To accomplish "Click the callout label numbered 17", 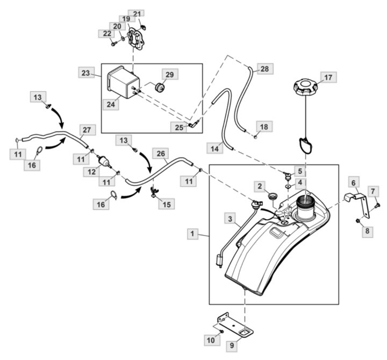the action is pos(328,77).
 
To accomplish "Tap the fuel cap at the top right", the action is pos(305,88).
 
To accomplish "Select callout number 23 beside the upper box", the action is pos(86,73).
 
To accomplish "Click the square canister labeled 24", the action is pos(124,82).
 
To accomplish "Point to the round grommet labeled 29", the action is pos(160,88).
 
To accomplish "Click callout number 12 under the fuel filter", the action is pos(91,171).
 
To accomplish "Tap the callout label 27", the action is pos(87,130).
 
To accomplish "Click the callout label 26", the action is pos(161,153).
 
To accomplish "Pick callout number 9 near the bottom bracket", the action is pos(232,345).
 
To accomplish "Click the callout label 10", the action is pos(211,340).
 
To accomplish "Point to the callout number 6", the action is pos(354,182).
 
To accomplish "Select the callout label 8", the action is pos(367,231).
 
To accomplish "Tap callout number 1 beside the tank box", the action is pos(192,234).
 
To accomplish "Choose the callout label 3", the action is pos(230,218).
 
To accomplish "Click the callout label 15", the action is pos(167,204).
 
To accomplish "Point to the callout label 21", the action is pos(137,14).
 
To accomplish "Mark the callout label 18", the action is pos(264,127).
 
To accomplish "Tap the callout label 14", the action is pos(214,149).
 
